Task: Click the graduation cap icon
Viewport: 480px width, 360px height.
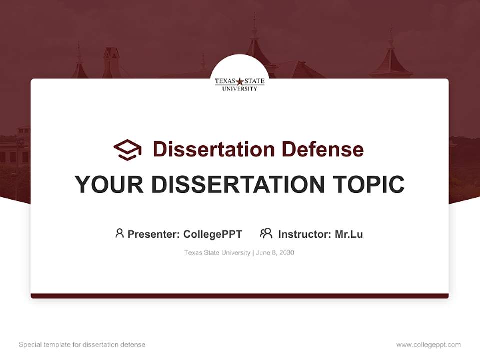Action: click(x=127, y=149)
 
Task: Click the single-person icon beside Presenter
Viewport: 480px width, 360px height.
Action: click(x=119, y=233)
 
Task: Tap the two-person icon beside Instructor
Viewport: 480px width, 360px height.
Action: click(x=266, y=233)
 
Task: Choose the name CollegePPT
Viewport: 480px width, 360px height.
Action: click(x=213, y=234)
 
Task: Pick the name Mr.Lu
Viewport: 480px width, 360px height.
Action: click(x=349, y=234)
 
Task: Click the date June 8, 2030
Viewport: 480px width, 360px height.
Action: click(x=275, y=253)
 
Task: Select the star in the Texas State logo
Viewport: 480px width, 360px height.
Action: click(x=240, y=81)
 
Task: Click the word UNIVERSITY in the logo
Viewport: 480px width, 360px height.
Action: click(x=240, y=88)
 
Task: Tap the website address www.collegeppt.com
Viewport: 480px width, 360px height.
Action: click(x=428, y=345)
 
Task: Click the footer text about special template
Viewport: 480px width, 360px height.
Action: click(x=82, y=345)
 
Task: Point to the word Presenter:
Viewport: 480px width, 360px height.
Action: click(x=154, y=234)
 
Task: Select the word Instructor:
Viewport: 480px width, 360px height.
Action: click(x=305, y=234)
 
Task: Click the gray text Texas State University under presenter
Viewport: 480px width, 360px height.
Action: click(x=217, y=253)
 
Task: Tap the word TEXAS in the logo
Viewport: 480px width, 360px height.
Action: click(x=225, y=81)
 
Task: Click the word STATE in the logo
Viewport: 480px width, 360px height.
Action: click(x=254, y=81)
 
